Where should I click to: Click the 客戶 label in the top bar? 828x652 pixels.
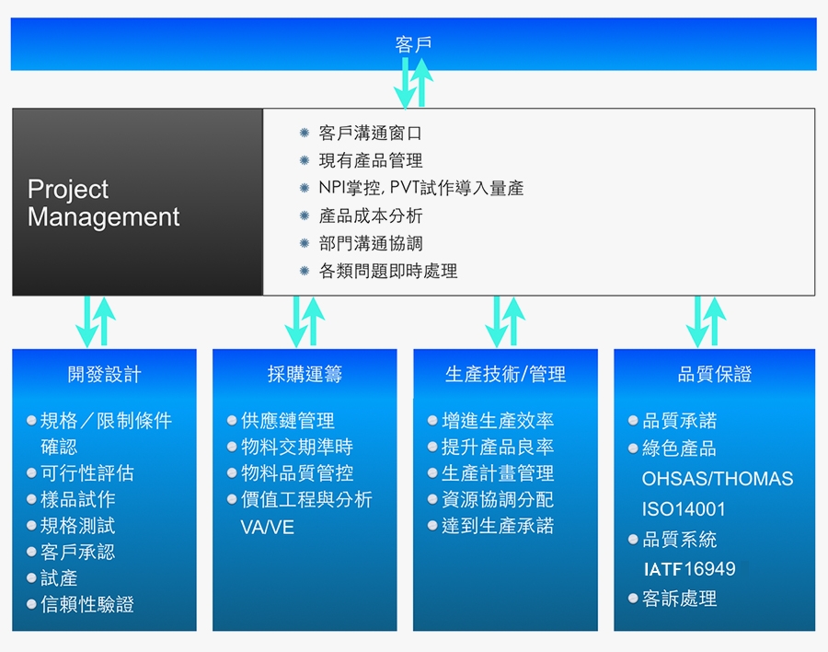(413, 44)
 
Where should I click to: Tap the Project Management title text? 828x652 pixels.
(103, 203)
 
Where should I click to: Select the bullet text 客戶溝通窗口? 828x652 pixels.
(370, 134)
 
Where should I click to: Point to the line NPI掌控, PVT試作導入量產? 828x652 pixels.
(420, 188)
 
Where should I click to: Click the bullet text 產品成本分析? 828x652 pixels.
(370, 215)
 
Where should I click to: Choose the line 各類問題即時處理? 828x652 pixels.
(388, 271)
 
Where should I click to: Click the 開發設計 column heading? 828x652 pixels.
(105, 374)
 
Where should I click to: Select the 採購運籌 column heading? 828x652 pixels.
(305, 374)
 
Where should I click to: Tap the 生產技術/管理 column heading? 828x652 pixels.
(505, 374)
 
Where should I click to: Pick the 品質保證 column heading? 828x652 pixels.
(715, 374)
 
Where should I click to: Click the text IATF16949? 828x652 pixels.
(690, 569)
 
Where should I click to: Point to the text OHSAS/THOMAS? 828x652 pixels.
(717, 479)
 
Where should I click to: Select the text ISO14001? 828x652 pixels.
(684, 509)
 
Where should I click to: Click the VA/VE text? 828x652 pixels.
(267, 527)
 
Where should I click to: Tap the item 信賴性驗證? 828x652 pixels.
(87, 604)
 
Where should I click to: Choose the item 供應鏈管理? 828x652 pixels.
(288, 421)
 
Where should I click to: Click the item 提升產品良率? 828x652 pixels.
(498, 448)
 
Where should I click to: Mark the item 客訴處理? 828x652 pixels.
(680, 599)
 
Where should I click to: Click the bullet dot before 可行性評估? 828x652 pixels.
(31, 473)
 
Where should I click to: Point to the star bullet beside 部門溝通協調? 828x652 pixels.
(305, 243)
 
